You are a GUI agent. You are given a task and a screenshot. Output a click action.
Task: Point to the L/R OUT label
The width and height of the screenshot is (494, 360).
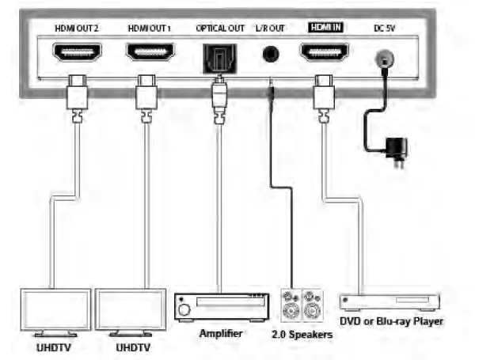tap(271, 28)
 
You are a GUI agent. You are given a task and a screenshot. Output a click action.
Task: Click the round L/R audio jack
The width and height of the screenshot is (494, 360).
tap(272, 55)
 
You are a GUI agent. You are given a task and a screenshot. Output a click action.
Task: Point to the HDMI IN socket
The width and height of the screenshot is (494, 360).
tap(323, 54)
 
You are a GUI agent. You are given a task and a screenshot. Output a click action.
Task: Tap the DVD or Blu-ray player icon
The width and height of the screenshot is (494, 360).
tap(389, 302)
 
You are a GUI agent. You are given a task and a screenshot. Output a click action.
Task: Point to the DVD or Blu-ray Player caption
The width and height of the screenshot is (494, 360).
tap(391, 321)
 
